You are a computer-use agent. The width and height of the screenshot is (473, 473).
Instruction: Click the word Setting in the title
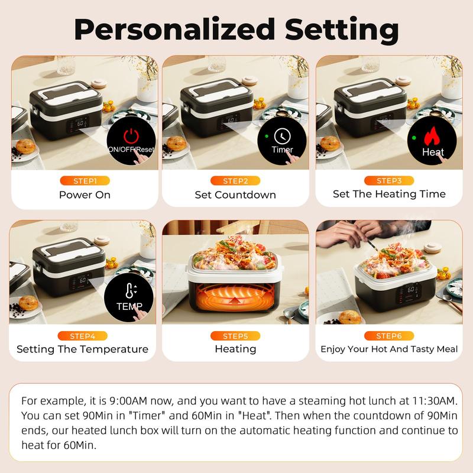coord(335,28)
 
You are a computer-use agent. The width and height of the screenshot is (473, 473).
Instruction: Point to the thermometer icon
coord(129,290)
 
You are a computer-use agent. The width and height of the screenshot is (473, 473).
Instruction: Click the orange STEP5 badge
coord(235,336)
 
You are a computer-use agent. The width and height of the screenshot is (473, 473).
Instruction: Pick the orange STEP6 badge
coord(389,336)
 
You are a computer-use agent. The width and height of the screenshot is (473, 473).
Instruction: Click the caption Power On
coord(85,194)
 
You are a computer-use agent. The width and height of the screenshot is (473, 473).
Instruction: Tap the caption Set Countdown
coord(235,194)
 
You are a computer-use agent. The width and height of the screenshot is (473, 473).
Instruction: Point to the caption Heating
coord(235,349)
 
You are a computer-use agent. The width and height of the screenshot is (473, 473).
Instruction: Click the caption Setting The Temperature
coord(82,349)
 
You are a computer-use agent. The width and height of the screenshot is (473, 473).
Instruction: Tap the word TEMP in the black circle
coord(129,306)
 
